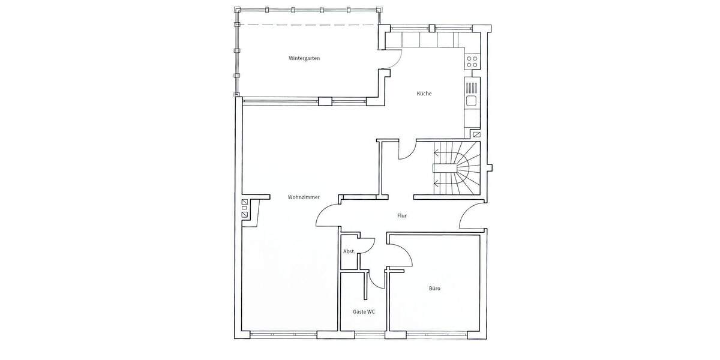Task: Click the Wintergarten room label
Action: click(304, 58)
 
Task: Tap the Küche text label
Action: click(424, 94)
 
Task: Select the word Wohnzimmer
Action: click(303, 197)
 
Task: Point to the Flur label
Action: click(402, 215)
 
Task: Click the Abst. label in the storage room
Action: click(348, 251)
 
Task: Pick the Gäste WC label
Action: click(364, 312)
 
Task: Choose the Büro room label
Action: click(434, 289)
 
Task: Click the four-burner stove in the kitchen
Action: click(472, 61)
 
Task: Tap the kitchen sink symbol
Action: click(472, 100)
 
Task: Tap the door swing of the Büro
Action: click(401, 256)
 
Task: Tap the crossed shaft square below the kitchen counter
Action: click(476, 136)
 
